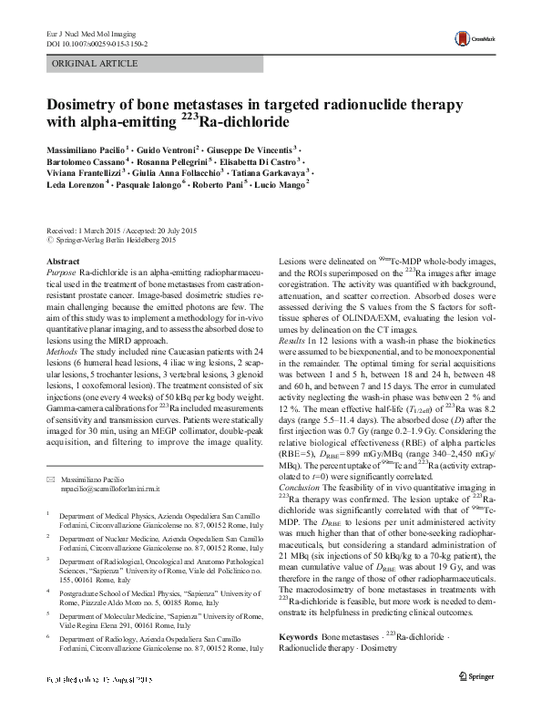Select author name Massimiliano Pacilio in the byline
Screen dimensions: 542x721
82,148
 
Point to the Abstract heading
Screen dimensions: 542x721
62,261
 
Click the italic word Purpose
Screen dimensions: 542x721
60,272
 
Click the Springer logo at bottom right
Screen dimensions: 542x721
477,704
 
